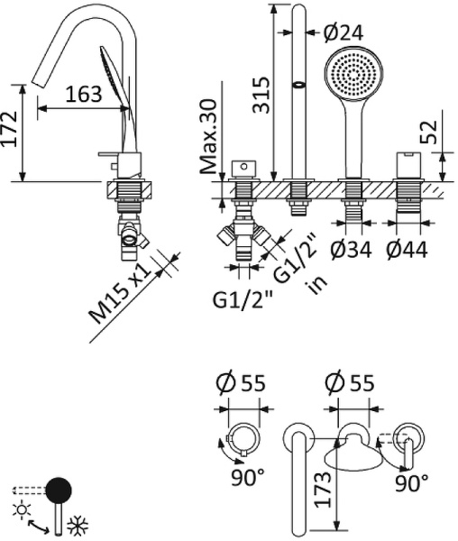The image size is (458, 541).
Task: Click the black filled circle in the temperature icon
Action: point(59,491)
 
